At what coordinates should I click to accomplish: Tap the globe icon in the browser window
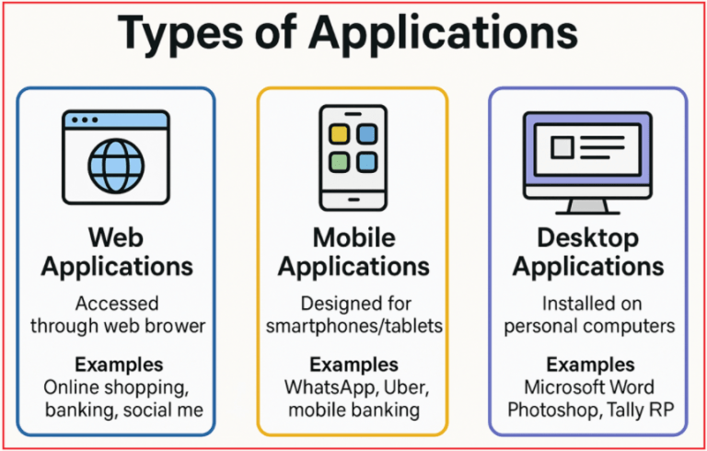[116, 165]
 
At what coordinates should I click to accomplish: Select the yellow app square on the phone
[339, 134]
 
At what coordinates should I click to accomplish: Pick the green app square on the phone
[339, 162]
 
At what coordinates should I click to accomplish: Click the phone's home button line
[353, 200]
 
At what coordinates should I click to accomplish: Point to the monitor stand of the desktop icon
[587, 207]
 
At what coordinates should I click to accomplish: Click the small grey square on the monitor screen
[562, 148]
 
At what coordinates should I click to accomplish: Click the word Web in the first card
[116, 237]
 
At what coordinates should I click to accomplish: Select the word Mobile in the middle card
[353, 237]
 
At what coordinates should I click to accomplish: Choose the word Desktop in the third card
[588, 238]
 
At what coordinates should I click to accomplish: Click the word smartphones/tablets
[353, 326]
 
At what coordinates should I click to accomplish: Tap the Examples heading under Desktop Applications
[591, 364]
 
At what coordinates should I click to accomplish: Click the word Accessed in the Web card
[117, 304]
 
